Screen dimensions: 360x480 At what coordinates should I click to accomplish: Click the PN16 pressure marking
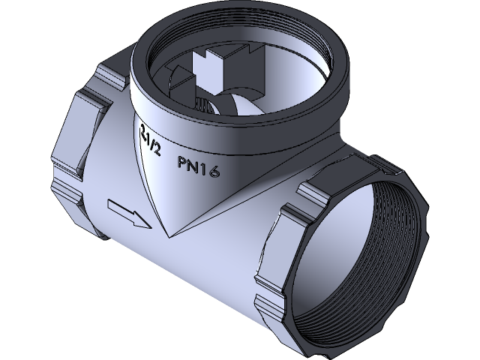[x=198, y=166]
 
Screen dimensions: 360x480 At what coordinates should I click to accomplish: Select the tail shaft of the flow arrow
[x=119, y=206]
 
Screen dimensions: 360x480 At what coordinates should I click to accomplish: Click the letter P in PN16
[x=182, y=161]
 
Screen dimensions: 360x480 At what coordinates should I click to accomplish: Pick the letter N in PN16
[x=193, y=165]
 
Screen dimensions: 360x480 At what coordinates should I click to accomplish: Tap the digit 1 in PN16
[x=204, y=169]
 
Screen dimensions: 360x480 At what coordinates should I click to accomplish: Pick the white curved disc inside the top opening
[x=240, y=105]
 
